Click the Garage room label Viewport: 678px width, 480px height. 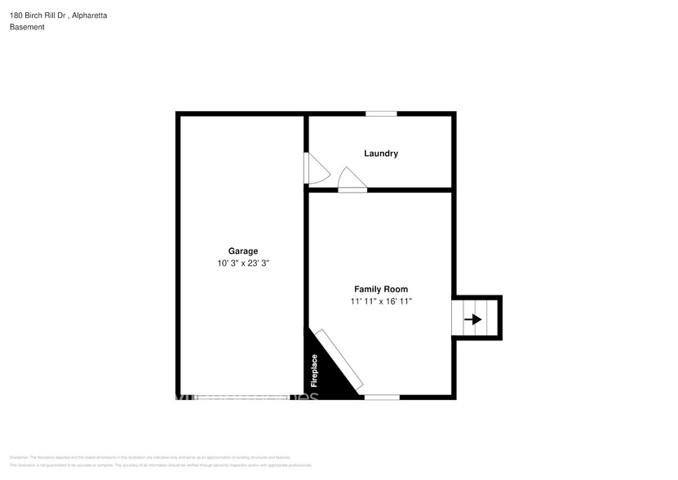(243, 251)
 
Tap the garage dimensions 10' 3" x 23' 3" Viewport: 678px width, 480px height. (243, 264)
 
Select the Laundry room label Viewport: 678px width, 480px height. (380, 153)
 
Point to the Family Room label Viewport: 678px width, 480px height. (380, 289)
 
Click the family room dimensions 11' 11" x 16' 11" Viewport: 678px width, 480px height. (381, 302)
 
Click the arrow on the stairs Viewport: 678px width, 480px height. (472, 319)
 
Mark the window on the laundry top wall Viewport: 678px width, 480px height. (380, 113)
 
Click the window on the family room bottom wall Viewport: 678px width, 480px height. (381, 398)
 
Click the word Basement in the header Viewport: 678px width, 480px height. (27, 27)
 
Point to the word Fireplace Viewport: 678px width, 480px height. (314, 370)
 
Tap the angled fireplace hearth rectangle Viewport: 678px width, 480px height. (340, 358)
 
